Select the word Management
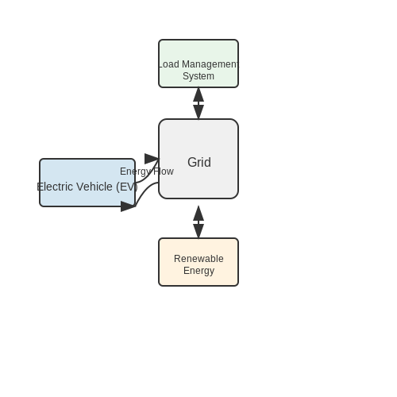pos(210,64)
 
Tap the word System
pos(198,76)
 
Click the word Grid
pos(199,162)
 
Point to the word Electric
pos(56,187)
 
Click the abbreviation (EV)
pos(127,187)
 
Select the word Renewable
pos(198,259)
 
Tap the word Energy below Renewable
pos(198,271)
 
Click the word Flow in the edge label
pos(164,172)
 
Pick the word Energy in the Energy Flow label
pos(136,172)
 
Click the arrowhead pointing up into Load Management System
pos(198,94)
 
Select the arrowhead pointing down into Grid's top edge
pos(198,112)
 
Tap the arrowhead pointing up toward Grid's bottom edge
pos(198,214)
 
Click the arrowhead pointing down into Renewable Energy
pos(198,231)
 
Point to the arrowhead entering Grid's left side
pos(152,159)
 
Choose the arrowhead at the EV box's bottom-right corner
pos(128,206)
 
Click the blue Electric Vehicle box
pos(87,183)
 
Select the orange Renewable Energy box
pos(198,262)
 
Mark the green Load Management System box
pos(198,64)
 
